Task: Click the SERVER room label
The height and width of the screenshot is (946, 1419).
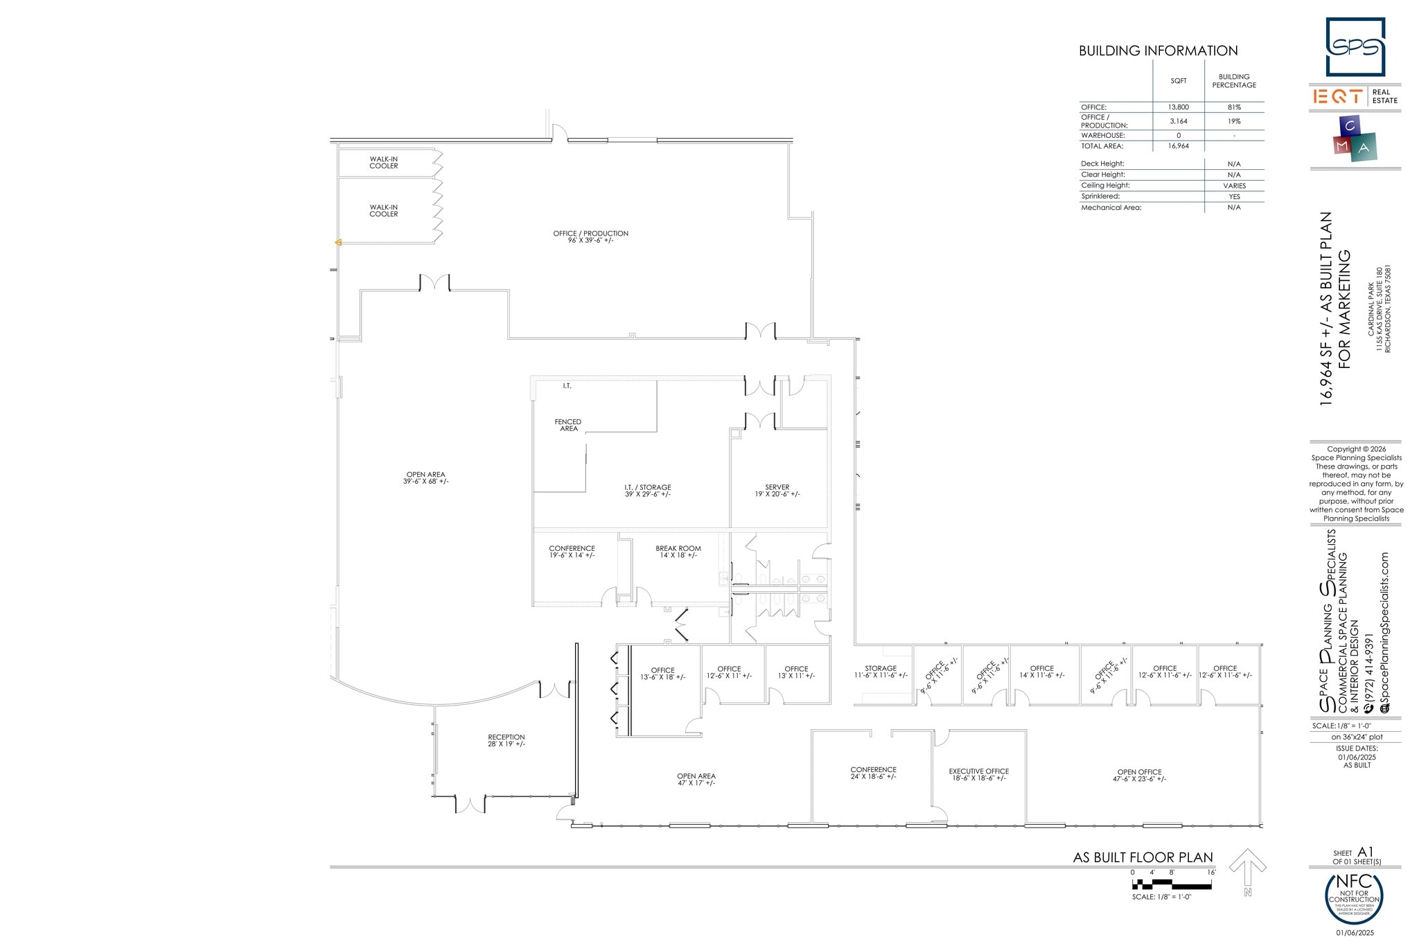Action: pyautogui.click(x=777, y=491)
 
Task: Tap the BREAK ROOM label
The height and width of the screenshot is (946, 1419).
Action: pyautogui.click(x=678, y=552)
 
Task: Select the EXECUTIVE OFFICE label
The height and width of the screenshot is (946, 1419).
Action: pyautogui.click(x=978, y=774)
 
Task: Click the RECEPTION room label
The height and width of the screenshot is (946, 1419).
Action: pyautogui.click(x=506, y=740)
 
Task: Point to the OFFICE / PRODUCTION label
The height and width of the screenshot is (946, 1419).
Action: pyautogui.click(x=590, y=236)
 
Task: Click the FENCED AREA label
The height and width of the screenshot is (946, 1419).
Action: pyautogui.click(x=568, y=425)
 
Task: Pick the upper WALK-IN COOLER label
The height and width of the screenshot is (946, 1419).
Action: pyautogui.click(x=384, y=162)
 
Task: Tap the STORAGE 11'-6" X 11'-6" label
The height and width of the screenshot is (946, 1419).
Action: pyautogui.click(x=881, y=672)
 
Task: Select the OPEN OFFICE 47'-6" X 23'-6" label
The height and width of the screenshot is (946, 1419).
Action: pyautogui.click(x=1139, y=775)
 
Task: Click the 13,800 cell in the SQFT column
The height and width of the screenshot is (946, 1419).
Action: pyautogui.click(x=1178, y=107)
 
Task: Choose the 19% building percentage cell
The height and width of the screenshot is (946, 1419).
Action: pyautogui.click(x=1234, y=121)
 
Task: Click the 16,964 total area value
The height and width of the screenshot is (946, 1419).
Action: pyautogui.click(x=1178, y=146)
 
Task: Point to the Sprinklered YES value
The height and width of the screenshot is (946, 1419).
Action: pyautogui.click(x=1234, y=197)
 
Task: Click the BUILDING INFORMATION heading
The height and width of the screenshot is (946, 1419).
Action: pyautogui.click(x=1158, y=51)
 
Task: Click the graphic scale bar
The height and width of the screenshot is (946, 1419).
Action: pyautogui.click(x=1172, y=884)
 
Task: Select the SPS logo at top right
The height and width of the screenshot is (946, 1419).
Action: pyautogui.click(x=1355, y=47)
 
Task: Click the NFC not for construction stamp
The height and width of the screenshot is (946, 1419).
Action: pyautogui.click(x=1354, y=898)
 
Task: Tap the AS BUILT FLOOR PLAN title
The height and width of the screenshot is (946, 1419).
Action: pyautogui.click(x=1143, y=857)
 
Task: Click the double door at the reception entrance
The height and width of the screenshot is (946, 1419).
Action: pyautogui.click(x=470, y=804)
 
